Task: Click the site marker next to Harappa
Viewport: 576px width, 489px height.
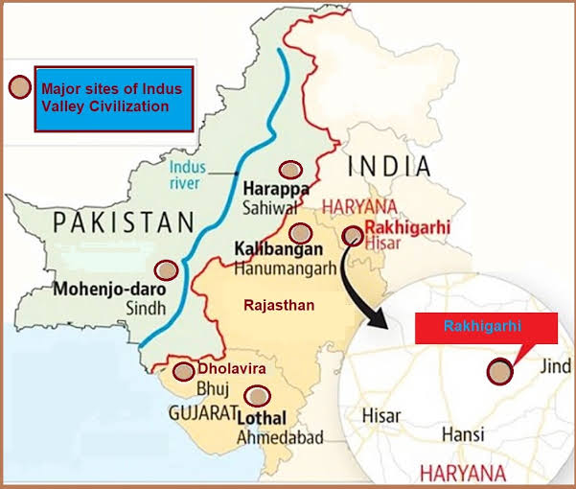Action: (289, 167)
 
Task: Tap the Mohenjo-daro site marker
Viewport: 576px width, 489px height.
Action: (166, 269)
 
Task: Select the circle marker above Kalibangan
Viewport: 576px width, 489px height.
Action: (301, 232)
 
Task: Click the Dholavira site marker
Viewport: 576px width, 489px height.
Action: (182, 371)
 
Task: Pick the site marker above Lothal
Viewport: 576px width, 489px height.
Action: (256, 394)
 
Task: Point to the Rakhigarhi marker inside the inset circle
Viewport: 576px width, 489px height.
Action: (499, 372)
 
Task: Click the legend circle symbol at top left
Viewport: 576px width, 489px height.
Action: (18, 87)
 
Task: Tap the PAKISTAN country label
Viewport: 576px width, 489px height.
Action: (124, 223)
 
